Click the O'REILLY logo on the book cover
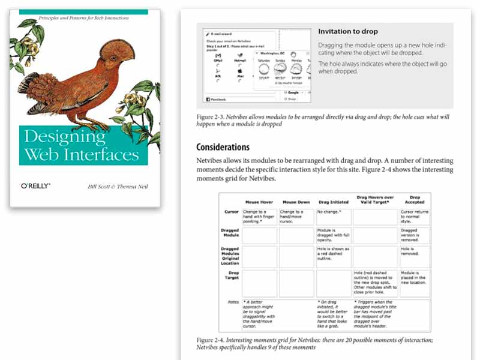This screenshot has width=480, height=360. click(x=35, y=186)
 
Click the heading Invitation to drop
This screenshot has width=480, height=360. click(x=348, y=31)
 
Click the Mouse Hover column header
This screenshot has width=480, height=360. click(x=259, y=202)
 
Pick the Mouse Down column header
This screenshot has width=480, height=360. click(x=296, y=202)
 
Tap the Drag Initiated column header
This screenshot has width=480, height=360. click(x=333, y=202)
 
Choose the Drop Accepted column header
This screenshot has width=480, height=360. click(x=415, y=200)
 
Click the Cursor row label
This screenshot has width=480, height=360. click(x=232, y=212)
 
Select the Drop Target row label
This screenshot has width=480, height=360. click(x=232, y=275)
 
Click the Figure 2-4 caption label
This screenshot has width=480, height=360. click(x=211, y=340)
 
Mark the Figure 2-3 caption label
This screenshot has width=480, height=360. click(x=211, y=117)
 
